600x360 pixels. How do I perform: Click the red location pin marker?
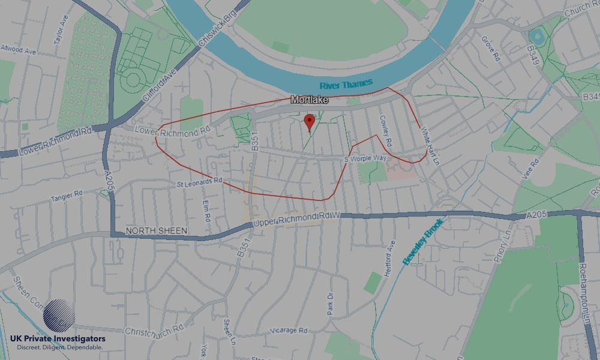click(310, 122)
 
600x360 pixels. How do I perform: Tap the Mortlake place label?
click(309, 100)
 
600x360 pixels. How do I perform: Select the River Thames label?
click(346, 84)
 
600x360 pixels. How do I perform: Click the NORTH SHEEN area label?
click(157, 231)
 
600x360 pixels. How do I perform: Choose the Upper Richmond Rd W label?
click(296, 219)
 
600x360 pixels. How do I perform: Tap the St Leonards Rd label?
click(200, 181)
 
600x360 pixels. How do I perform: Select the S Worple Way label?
click(365, 158)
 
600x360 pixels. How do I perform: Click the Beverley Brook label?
click(423, 241)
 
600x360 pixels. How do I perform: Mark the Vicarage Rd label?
click(289, 330)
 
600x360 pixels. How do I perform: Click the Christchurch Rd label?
click(154, 331)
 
